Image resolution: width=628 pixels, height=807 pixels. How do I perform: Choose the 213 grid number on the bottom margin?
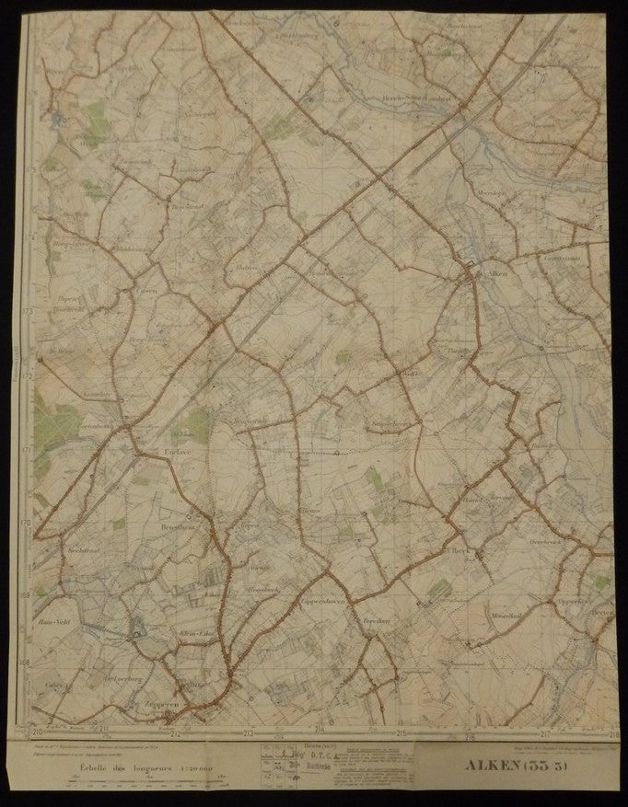tap(248, 733)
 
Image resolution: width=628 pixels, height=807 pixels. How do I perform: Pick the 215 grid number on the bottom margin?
tap(401, 733)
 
